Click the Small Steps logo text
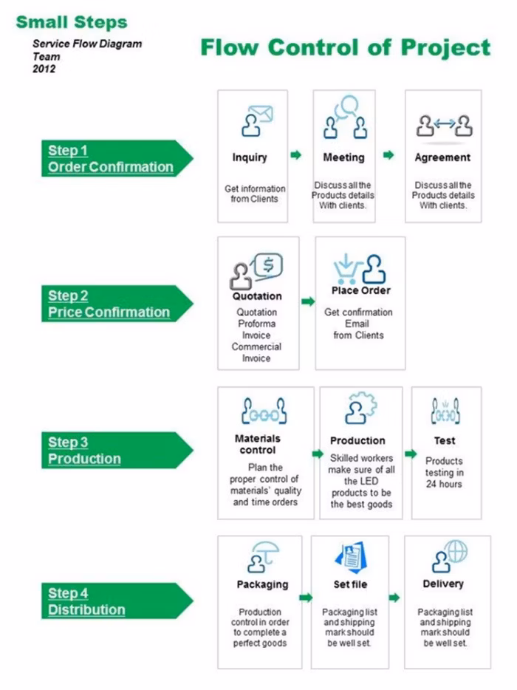click(72, 21)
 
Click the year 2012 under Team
click(44, 69)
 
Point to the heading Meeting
click(343, 157)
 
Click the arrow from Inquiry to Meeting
click(295, 155)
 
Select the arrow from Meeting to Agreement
click(388, 155)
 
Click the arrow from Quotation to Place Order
click(307, 302)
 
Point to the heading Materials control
click(258, 443)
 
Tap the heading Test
click(445, 440)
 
